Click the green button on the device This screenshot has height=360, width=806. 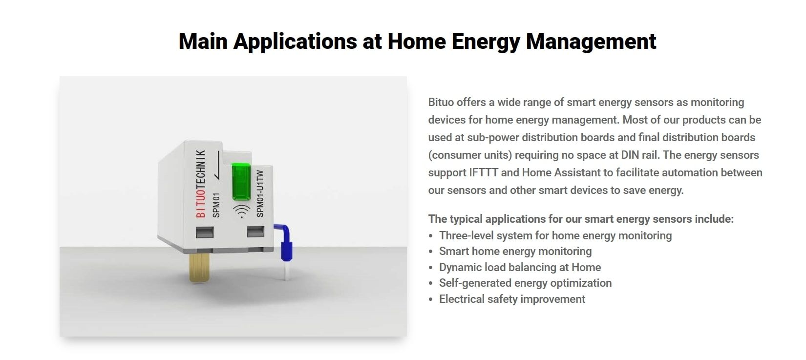[241, 182]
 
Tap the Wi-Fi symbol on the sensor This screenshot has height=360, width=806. [240, 212]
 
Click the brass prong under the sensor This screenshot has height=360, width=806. [198, 267]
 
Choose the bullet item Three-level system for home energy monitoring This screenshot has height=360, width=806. [555, 235]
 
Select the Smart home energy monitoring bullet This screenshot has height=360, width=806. [515, 251]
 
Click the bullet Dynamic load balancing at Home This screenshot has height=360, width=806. [520, 267]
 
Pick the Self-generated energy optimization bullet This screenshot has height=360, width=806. [525, 283]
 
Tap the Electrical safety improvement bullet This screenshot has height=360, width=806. [512, 299]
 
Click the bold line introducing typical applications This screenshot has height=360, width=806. [581, 219]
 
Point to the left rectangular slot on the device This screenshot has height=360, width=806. [204, 232]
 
